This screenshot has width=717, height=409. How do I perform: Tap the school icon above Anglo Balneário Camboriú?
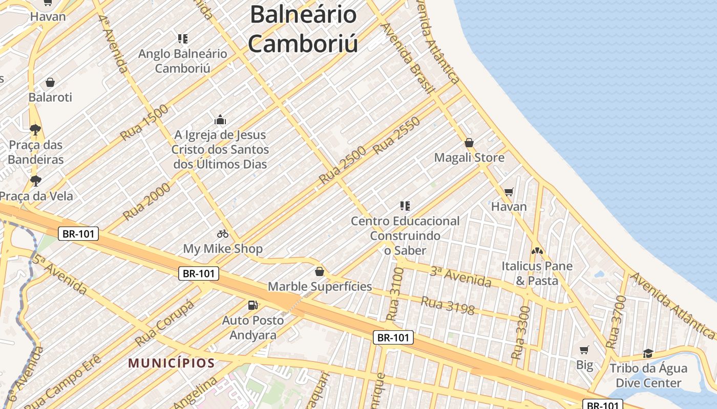pyautogui.click(x=183, y=38)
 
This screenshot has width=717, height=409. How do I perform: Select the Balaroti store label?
pyautogui.click(x=50, y=97)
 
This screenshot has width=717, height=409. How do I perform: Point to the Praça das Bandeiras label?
pyautogui.click(x=36, y=152)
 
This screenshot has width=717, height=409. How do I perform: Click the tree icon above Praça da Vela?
pyautogui.click(x=35, y=180)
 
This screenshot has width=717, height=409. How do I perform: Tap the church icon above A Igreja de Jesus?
pyautogui.click(x=220, y=120)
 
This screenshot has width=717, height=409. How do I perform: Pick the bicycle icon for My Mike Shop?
pyautogui.click(x=223, y=234)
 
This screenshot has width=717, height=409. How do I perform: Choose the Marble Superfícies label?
pyautogui.click(x=320, y=286)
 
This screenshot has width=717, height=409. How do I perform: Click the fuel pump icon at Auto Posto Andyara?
pyautogui.click(x=252, y=305)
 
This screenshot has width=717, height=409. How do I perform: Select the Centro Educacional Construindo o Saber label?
pyautogui.click(x=405, y=236)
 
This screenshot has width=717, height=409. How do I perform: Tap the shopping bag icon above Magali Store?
pyautogui.click(x=469, y=143)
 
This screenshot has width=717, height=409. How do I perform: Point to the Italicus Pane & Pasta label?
pyautogui.click(x=537, y=274)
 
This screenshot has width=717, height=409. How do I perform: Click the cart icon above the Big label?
pyautogui.click(x=584, y=350)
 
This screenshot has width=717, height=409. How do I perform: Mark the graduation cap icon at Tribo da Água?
pyautogui.click(x=648, y=353)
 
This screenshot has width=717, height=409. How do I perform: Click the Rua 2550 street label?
pyautogui.click(x=396, y=136)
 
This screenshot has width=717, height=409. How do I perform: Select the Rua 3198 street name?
pyautogui.click(x=448, y=305)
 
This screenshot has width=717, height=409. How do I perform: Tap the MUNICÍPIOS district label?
pyautogui.click(x=171, y=363)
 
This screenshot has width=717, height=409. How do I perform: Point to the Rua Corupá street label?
pyautogui.click(x=164, y=323)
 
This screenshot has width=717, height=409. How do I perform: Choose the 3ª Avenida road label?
pyautogui.click(x=460, y=277)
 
